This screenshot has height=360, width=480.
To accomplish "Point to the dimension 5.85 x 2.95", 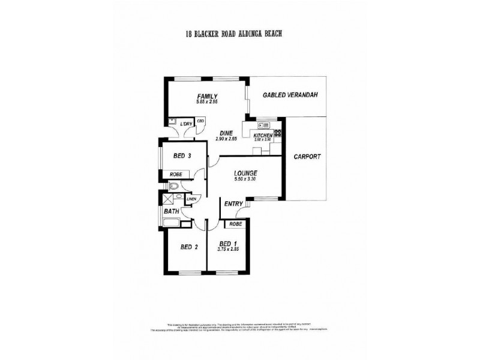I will [206, 103].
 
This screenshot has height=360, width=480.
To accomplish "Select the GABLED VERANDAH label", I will [290, 95].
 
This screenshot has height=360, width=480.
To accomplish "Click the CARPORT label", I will [307, 157].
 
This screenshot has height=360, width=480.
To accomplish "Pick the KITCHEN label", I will [263, 136].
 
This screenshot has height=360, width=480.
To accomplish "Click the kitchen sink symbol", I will [262, 126].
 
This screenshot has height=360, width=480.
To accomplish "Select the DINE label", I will [226, 133].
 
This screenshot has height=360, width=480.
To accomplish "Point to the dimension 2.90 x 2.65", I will [226, 139].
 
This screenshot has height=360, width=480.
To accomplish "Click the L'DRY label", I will [187, 124].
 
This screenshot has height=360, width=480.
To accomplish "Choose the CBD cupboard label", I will [200, 120].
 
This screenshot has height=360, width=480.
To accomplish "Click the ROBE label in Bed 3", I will [176, 175].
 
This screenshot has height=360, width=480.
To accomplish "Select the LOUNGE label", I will [247, 173].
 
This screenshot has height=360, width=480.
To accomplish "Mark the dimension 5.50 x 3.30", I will [247, 180].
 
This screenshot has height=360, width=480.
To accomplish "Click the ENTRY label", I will [233, 205].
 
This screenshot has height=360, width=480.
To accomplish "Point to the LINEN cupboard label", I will [191, 199].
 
